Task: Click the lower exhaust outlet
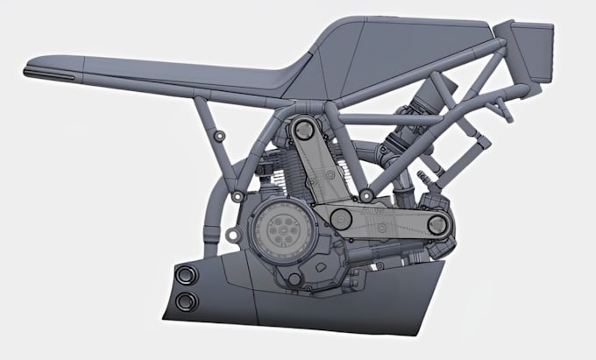pos(187,302)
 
